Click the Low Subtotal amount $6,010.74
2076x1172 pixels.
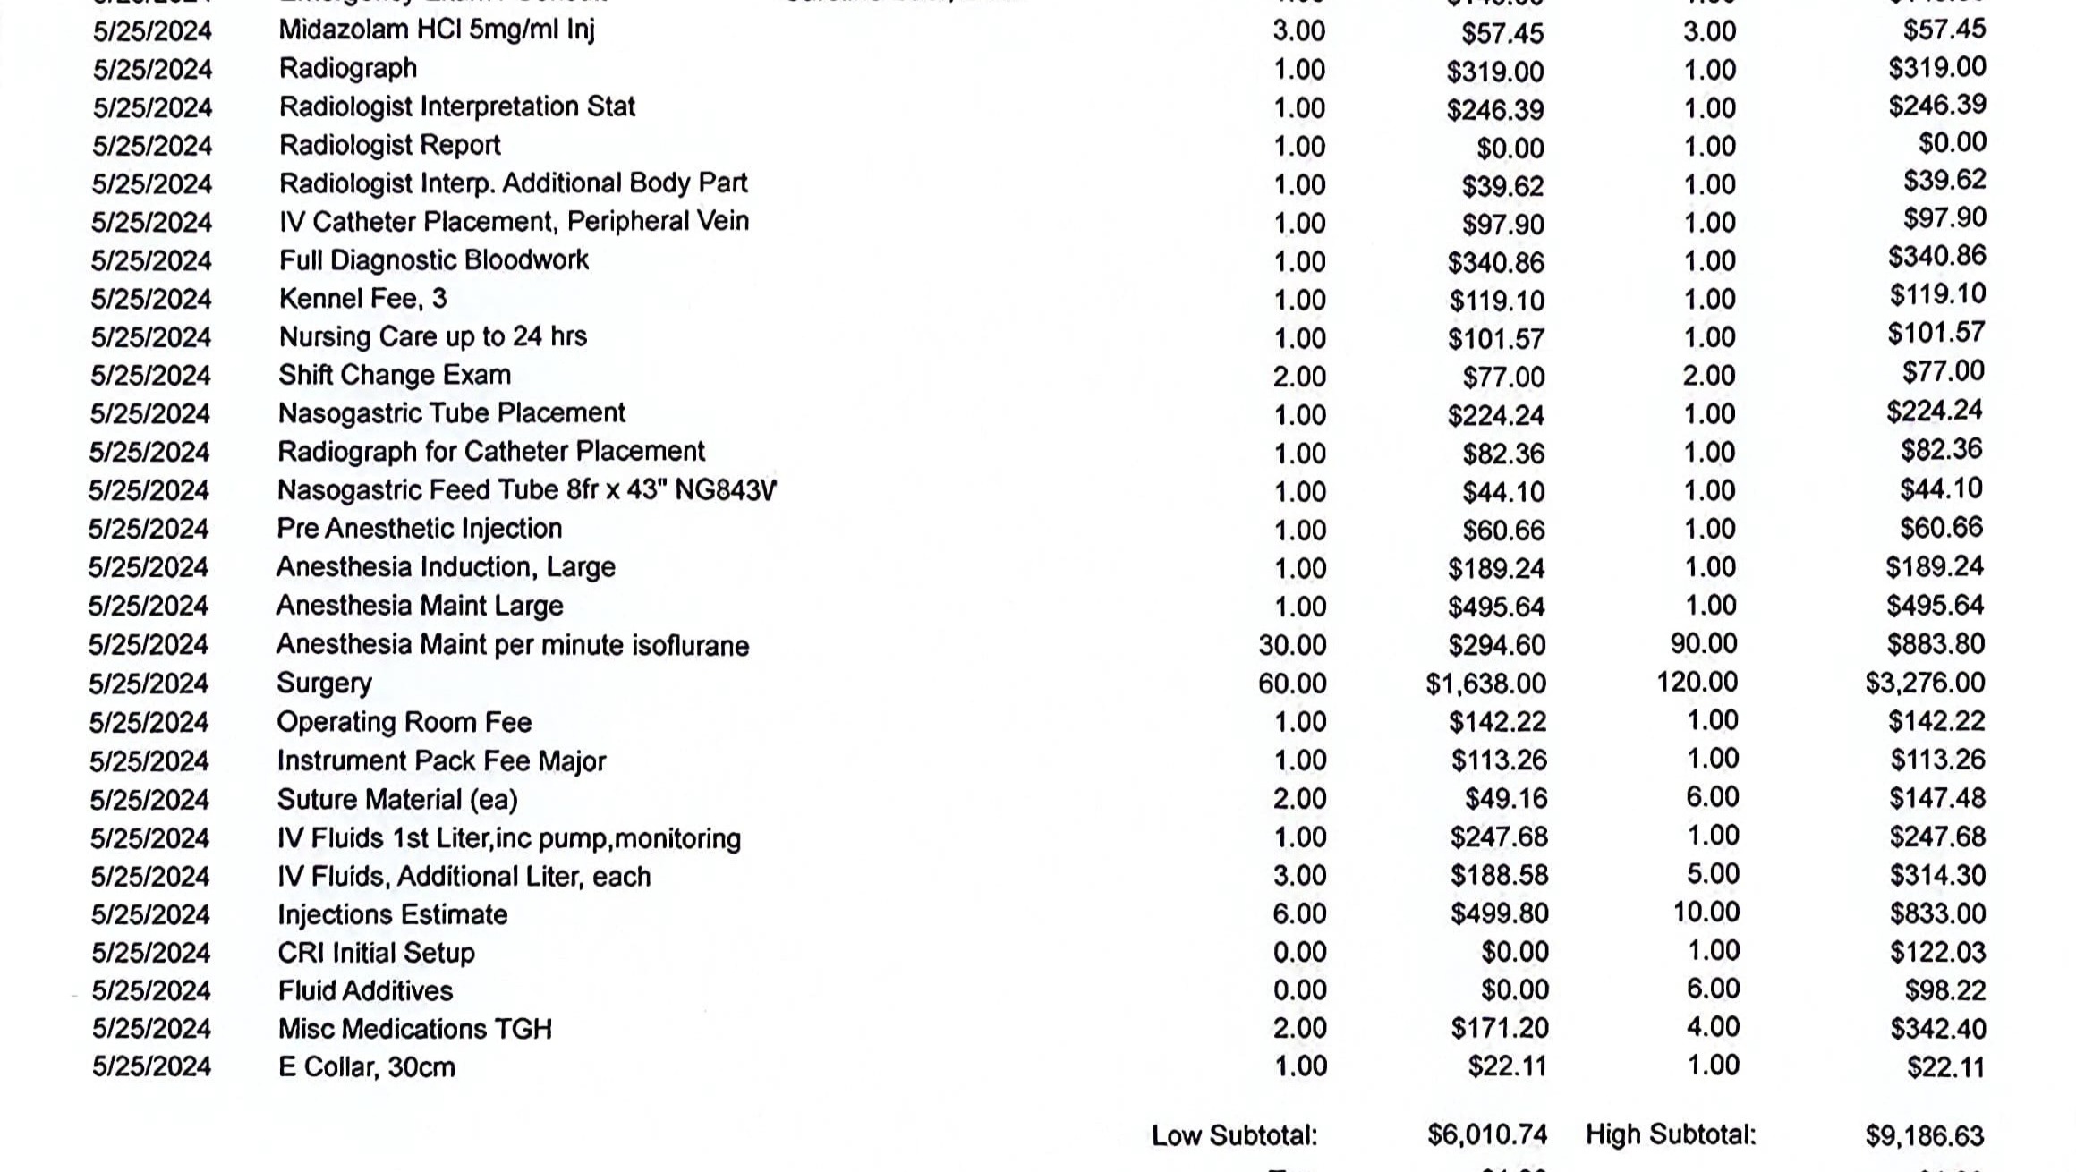click(x=1486, y=1135)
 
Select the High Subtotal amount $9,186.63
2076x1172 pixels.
click(x=1924, y=1136)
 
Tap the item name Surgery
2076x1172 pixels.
click(x=324, y=684)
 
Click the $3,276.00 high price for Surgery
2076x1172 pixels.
click(x=1925, y=684)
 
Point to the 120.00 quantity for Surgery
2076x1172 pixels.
click(x=1697, y=683)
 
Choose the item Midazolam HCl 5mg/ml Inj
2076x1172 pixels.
click(x=437, y=30)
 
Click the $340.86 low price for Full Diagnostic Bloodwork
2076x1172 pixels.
click(x=1495, y=262)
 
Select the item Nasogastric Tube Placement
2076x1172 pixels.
click(x=451, y=413)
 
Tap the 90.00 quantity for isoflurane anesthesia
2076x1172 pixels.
click(x=1704, y=644)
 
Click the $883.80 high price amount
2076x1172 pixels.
click(x=1936, y=644)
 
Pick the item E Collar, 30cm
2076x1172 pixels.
click(x=366, y=1067)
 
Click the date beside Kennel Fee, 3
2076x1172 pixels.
click(x=151, y=299)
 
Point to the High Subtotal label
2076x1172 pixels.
click(x=1671, y=1135)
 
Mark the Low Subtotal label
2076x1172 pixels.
click(x=1234, y=1136)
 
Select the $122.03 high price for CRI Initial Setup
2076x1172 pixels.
click(x=1937, y=952)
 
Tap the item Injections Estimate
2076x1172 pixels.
click(x=392, y=914)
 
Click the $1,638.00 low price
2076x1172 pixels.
click(x=1485, y=684)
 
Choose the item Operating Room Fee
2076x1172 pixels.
click(x=404, y=722)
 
